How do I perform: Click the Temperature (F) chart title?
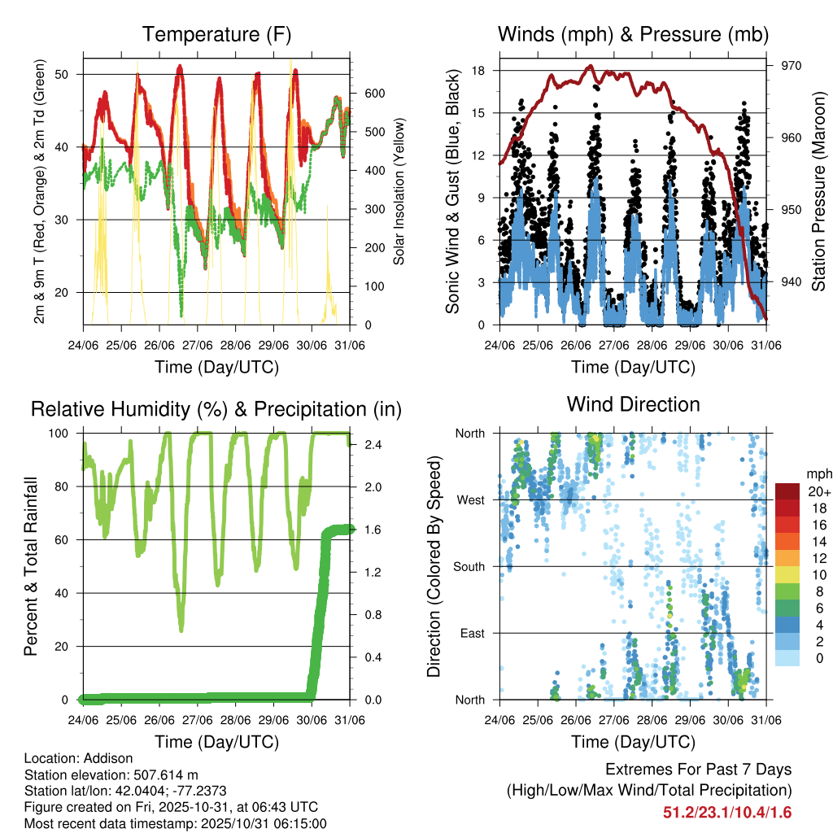tap(216, 34)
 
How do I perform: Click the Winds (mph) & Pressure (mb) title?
tap(633, 34)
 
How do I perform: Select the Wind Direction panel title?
tap(633, 404)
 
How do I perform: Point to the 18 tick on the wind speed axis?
tap(479, 71)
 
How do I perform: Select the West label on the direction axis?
tap(470, 500)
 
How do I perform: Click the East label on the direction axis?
tap(472, 633)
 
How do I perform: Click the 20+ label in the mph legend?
tap(817, 491)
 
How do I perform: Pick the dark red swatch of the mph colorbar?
tap(787, 491)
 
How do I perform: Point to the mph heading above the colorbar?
tap(818, 473)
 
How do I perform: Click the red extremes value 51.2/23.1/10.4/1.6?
tap(727, 812)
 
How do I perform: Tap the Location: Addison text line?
tap(70, 757)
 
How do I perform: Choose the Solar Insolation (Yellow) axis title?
tap(399, 192)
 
